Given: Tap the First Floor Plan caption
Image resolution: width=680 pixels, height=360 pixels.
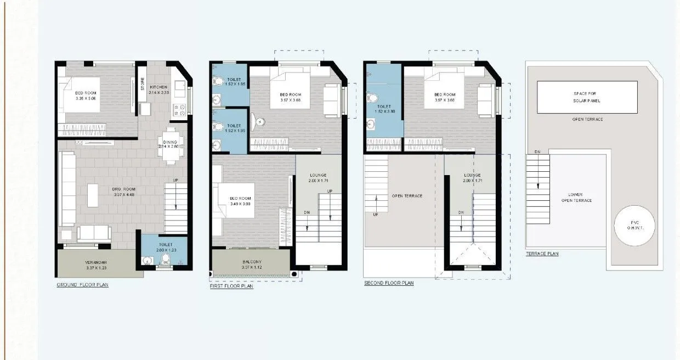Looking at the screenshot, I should click(231, 286).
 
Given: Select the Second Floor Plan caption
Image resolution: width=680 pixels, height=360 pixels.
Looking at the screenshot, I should click(389, 283).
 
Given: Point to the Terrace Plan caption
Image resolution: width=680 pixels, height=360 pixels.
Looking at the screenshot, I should click(542, 254).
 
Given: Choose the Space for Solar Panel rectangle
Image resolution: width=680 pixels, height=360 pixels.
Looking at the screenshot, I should click(587, 97).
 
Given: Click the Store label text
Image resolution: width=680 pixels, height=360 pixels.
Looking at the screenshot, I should click(142, 85).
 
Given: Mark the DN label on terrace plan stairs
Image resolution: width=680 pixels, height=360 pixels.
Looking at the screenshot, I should click(537, 151).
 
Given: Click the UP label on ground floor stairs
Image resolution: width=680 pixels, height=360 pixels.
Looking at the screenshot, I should click(175, 181).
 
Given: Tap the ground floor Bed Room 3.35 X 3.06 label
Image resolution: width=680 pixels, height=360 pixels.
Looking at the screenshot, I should click(86, 95).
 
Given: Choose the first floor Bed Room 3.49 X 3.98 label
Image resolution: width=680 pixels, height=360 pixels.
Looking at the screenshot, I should click(240, 201).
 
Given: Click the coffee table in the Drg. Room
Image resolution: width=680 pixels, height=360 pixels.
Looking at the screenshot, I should click(93, 195).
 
